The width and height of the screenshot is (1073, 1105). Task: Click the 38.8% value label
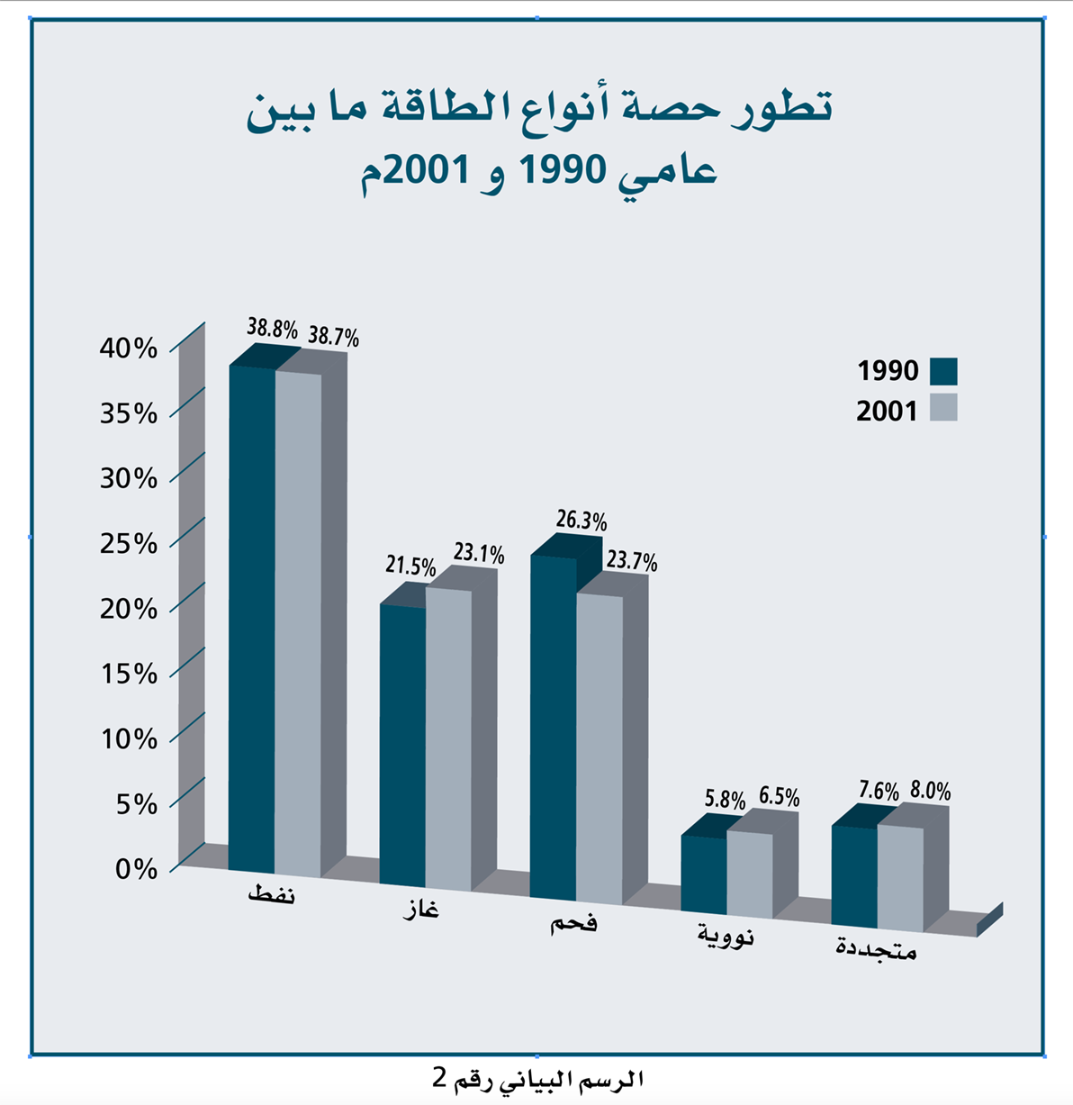click(272, 329)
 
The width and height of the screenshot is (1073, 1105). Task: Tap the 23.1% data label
click(479, 554)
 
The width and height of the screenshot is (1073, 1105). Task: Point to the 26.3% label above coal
click(581, 521)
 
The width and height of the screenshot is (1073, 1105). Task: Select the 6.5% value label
click(779, 797)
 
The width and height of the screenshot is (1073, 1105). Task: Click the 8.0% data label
click(930, 791)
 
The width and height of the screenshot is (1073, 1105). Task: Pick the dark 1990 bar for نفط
click(252, 619)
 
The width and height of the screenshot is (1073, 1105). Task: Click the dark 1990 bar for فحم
click(554, 728)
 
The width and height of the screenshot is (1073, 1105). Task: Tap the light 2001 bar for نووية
click(750, 874)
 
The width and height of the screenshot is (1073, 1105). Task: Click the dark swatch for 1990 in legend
click(943, 371)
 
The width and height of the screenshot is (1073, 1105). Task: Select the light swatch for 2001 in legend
click(943, 407)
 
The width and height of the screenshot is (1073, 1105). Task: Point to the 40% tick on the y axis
click(129, 349)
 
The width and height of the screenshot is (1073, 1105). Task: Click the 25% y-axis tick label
click(129, 543)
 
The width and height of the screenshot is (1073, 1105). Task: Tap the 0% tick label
click(136, 869)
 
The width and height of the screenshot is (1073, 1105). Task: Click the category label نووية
click(726, 935)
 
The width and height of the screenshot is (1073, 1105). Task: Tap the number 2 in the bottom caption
click(439, 1078)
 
